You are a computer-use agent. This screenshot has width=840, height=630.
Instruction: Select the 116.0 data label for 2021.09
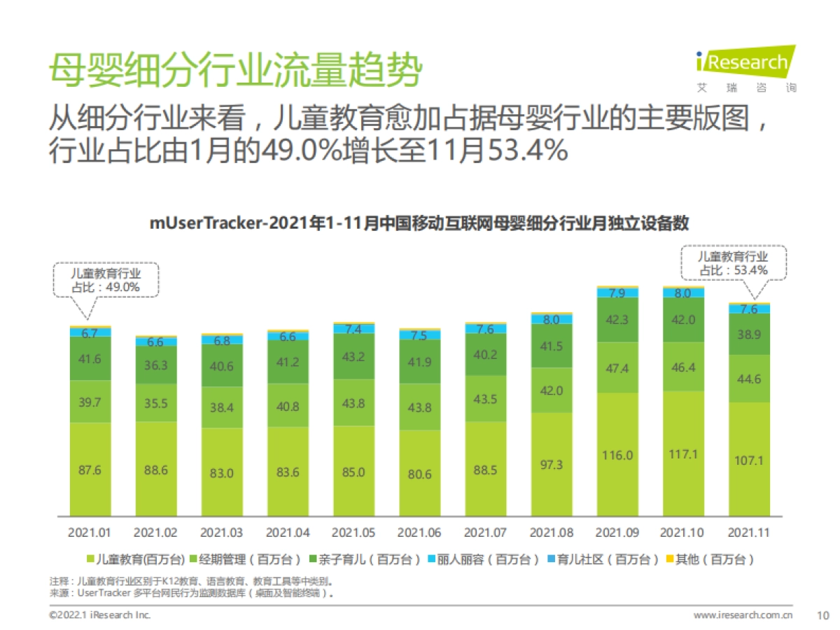click(617, 455)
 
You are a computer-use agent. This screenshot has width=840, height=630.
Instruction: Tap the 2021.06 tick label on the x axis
click(419, 533)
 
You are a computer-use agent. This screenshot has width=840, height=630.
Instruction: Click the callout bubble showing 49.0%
click(106, 280)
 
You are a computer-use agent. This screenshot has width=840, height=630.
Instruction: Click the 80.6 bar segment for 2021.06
click(419, 474)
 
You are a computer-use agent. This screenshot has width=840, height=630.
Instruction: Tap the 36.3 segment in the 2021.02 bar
click(156, 365)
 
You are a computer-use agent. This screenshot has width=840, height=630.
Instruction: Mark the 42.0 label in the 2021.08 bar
click(552, 391)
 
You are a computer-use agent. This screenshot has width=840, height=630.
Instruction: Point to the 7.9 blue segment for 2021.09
click(617, 293)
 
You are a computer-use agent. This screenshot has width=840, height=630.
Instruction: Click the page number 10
click(822, 615)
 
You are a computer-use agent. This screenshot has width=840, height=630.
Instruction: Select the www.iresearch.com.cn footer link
click(743, 615)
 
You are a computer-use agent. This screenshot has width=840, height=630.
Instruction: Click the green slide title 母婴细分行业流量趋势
click(234, 70)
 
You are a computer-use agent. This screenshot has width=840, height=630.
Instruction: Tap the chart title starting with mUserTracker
click(419, 223)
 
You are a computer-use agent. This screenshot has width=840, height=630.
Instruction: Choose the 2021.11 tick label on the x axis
click(749, 533)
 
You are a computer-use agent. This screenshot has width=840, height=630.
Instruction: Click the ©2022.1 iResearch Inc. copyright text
click(99, 615)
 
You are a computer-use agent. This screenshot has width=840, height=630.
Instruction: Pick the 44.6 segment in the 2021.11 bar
click(749, 379)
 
